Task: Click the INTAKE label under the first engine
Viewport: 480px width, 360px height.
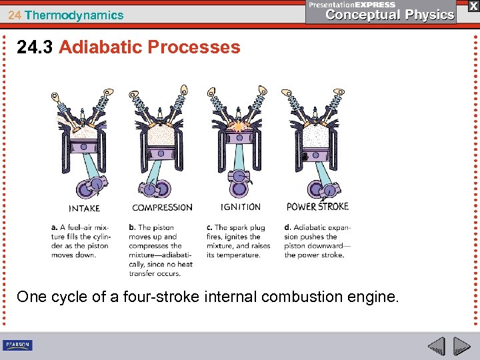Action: click(x=85, y=208)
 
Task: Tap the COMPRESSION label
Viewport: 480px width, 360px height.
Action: click(x=162, y=207)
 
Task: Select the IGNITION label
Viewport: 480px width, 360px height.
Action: click(x=241, y=207)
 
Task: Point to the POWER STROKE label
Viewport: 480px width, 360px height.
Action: click(x=317, y=206)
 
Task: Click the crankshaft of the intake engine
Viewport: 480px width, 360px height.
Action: click(x=92, y=187)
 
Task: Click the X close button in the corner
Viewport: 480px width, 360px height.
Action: click(x=473, y=5)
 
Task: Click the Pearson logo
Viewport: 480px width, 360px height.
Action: click(x=18, y=345)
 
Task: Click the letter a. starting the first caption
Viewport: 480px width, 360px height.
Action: click(x=54, y=227)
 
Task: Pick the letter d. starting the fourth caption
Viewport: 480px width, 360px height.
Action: click(x=287, y=227)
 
